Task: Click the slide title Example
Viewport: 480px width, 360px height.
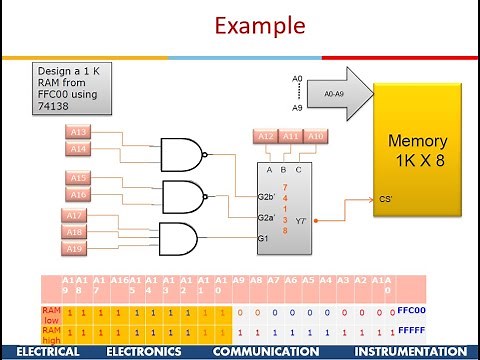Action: (240, 24)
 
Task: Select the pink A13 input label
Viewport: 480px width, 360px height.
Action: (79, 132)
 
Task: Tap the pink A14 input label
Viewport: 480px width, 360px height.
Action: (79, 148)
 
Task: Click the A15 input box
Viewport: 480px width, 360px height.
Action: (79, 178)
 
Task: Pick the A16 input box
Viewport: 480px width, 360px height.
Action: (79, 194)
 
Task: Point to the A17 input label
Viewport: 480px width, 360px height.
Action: (75, 216)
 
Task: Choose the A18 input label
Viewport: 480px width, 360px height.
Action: (75, 232)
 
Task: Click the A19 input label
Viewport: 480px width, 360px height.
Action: (75, 247)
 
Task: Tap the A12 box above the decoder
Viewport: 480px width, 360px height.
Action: (265, 136)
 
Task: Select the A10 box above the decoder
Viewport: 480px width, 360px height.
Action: (315, 136)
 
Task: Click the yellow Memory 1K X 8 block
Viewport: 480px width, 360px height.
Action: (419, 150)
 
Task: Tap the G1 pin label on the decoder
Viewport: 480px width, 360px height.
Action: (264, 238)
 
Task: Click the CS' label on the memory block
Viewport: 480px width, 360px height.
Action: (385, 198)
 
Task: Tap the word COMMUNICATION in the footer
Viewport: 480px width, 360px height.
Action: (266, 352)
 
